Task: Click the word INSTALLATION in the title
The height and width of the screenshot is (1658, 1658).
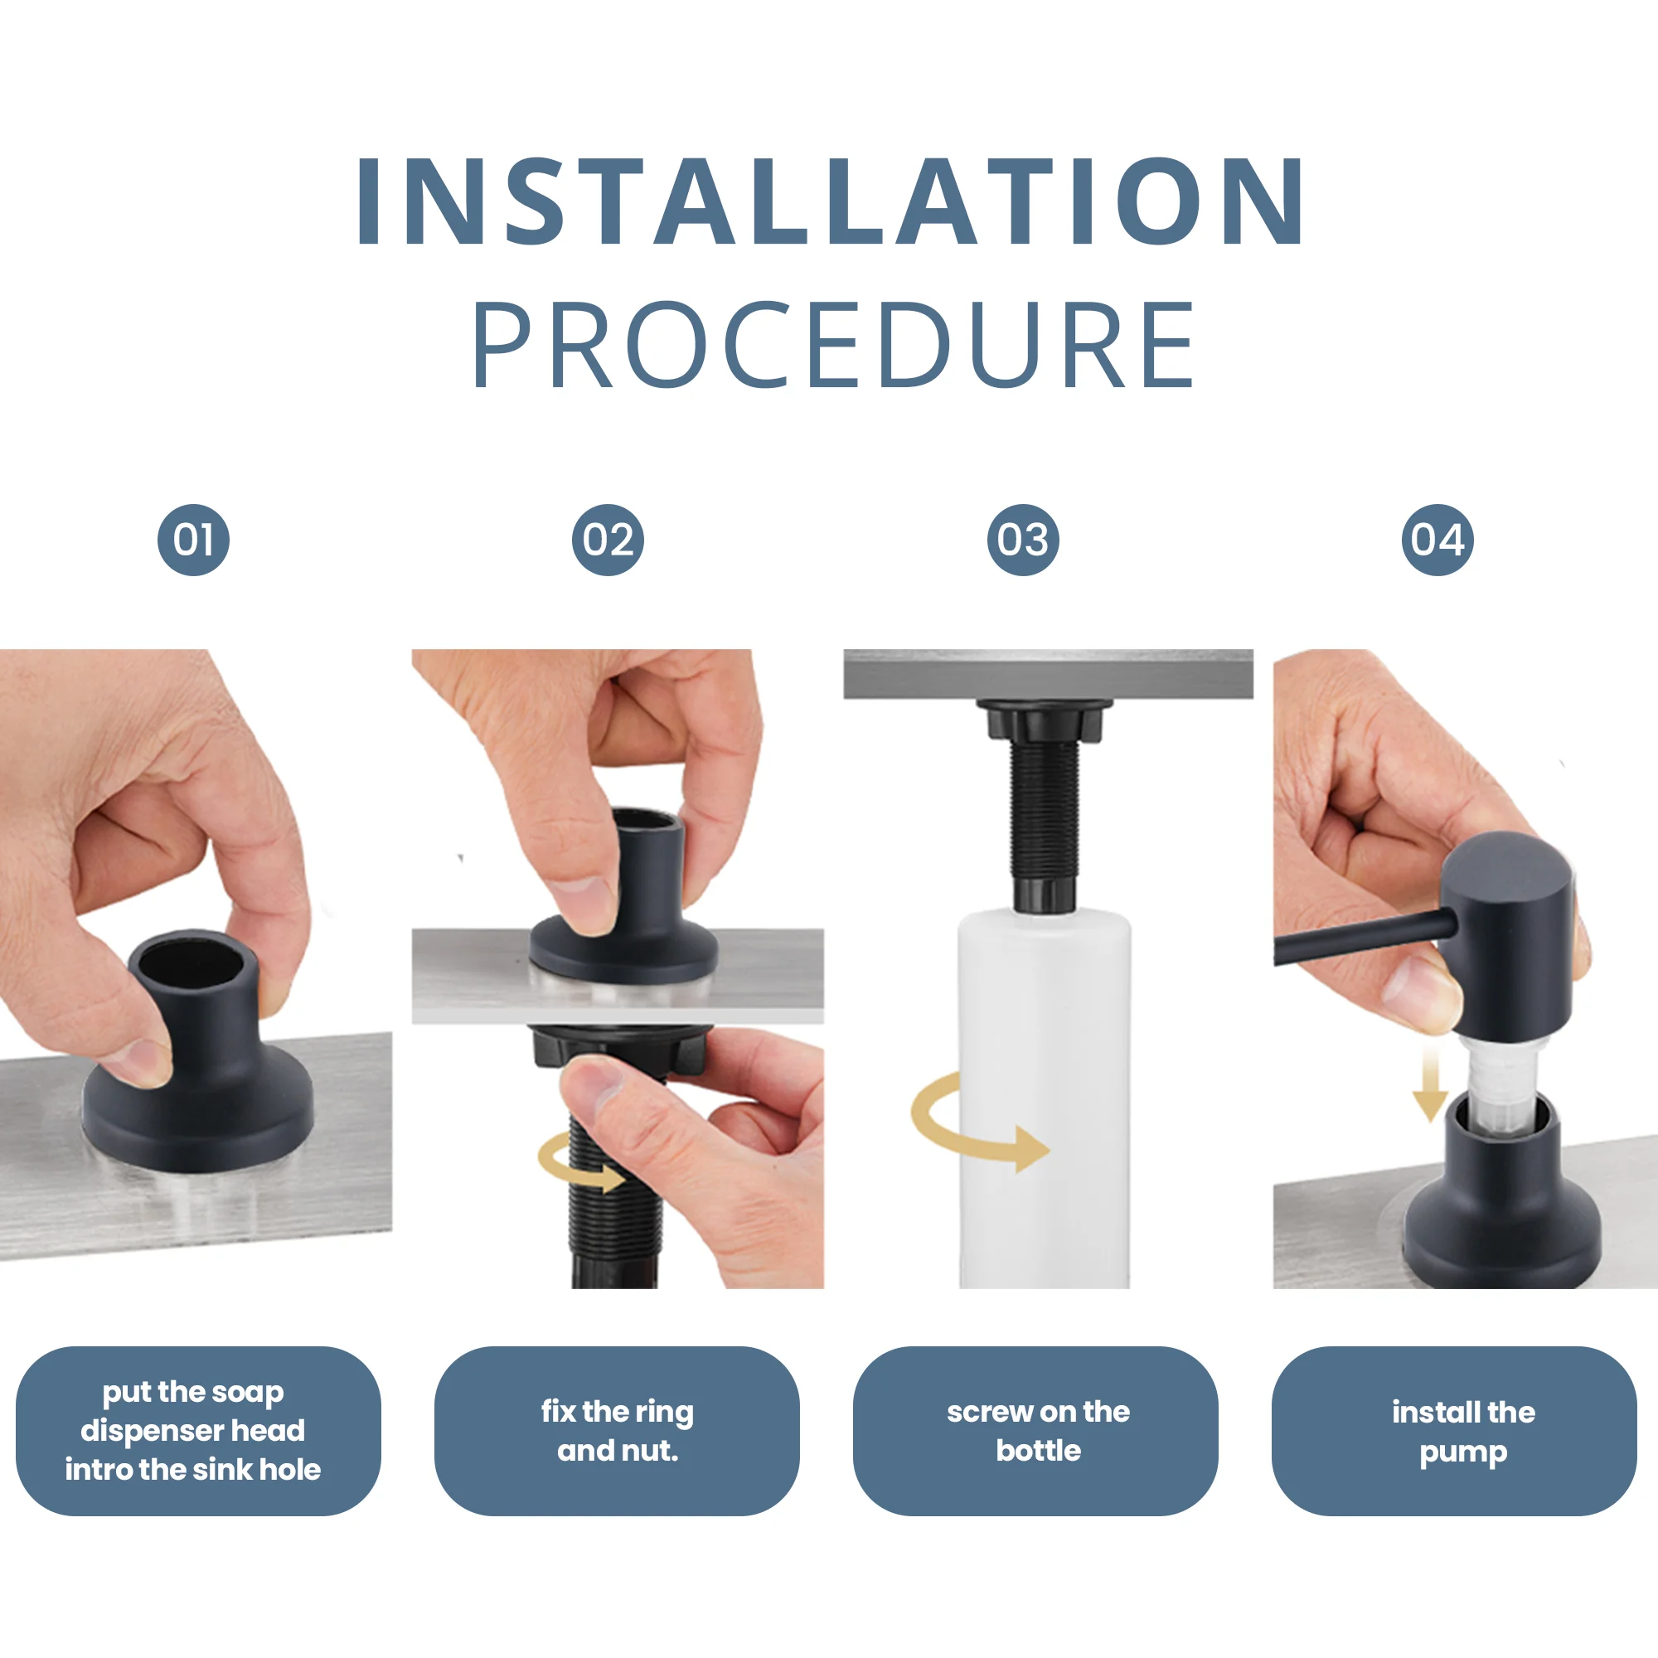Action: coord(831,201)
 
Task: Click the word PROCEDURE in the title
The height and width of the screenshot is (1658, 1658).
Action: coord(832,344)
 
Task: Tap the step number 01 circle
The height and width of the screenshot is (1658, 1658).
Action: coord(193,540)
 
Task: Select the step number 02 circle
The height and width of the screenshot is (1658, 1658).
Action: coord(608,540)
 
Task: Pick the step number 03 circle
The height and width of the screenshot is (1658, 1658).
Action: coord(1022,540)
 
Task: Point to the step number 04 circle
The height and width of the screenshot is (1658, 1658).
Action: coord(1437,540)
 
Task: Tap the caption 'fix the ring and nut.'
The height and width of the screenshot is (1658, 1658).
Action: coord(617,1431)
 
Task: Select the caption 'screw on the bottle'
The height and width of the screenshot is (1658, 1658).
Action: coord(1039,1431)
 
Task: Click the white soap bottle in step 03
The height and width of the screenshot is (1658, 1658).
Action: coord(1044,1098)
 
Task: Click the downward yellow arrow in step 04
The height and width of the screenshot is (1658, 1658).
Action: coord(1430,1083)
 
